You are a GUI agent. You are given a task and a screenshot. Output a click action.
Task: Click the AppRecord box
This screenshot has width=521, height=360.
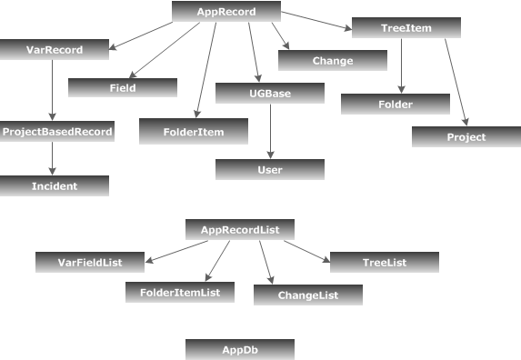point(225,12)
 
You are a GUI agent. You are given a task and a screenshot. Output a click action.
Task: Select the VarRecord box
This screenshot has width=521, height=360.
point(55,50)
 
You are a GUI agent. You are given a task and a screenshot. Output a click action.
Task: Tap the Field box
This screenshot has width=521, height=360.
point(123,87)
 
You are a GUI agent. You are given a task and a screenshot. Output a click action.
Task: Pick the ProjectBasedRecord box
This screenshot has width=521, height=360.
point(57,132)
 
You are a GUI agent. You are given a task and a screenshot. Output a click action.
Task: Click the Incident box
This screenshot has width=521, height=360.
point(55,185)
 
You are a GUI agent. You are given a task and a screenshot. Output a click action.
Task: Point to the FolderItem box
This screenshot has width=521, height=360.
point(194,132)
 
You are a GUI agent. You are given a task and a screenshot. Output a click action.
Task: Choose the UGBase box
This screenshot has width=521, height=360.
point(270,94)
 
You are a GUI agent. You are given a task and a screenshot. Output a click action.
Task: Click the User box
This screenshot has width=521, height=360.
point(270,169)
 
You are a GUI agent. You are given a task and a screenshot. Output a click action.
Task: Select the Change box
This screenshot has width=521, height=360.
point(332,61)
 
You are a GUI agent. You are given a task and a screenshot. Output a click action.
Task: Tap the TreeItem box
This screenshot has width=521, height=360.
point(406,28)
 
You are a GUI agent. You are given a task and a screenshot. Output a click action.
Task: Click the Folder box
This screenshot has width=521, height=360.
point(396,104)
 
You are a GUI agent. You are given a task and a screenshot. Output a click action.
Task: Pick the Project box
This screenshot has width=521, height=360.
point(466,136)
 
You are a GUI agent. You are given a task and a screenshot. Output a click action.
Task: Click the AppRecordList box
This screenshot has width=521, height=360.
point(239,230)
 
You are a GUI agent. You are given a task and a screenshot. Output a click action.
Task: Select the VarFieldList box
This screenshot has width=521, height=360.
point(90,262)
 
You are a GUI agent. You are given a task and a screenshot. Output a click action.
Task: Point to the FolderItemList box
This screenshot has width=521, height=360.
point(180,292)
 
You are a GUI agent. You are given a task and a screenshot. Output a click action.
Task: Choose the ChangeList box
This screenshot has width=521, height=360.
point(307,295)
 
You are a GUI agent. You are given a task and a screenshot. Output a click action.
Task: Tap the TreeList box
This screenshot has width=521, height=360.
point(384,262)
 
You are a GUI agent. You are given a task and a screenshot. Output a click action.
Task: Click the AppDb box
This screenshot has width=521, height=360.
point(239,349)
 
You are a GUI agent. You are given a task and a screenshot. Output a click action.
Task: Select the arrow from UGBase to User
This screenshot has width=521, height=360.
point(270,131)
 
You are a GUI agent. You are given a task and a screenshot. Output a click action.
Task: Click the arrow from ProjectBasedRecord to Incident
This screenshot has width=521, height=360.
point(53,158)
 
